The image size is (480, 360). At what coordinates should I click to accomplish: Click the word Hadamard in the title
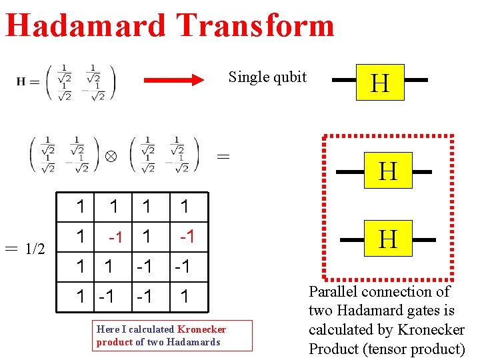tap(85, 25)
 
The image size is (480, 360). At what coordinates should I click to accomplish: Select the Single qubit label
tap(267, 77)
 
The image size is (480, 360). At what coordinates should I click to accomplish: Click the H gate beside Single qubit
tap(380, 83)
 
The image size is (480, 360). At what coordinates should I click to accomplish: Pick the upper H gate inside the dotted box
tap(388, 171)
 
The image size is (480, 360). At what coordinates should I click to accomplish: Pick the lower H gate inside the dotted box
tap(388, 238)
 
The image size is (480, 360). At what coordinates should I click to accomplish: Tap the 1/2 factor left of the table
tap(35, 249)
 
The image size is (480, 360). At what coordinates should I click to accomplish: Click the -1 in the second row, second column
tap(116, 237)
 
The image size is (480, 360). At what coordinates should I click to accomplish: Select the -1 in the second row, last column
tap(187, 236)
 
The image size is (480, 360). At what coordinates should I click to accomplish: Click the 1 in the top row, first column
tap(81, 207)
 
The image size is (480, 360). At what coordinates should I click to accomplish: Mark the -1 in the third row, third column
tap(144, 267)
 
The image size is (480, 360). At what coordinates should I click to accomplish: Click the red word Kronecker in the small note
tap(201, 329)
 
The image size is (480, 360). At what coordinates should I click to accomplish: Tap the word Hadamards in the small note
tap(193, 342)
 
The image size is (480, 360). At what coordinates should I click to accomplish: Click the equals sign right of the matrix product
tap(224, 157)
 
